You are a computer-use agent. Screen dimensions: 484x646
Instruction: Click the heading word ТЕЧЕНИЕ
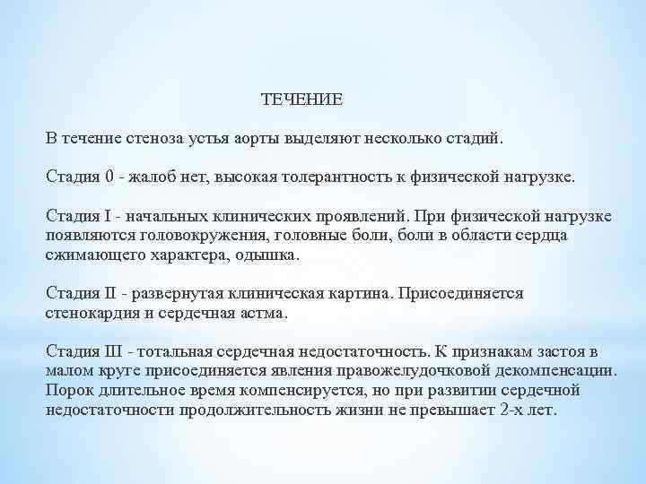301,99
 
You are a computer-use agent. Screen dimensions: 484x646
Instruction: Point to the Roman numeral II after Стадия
111,293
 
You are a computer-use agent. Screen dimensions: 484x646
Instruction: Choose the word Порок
67,391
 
